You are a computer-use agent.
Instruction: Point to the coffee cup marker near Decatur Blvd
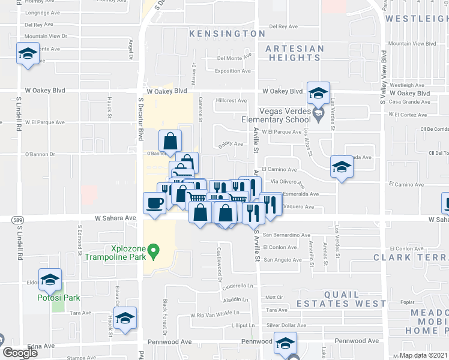click(155, 202)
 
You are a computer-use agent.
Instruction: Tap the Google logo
click(20, 352)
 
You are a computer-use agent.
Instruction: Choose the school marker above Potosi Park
click(50, 279)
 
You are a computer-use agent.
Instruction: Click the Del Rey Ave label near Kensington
click(283, 26)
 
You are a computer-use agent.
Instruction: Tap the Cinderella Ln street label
click(239, 286)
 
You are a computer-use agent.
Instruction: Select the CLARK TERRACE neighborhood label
click(411, 257)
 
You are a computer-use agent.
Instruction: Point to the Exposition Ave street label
click(232, 71)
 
